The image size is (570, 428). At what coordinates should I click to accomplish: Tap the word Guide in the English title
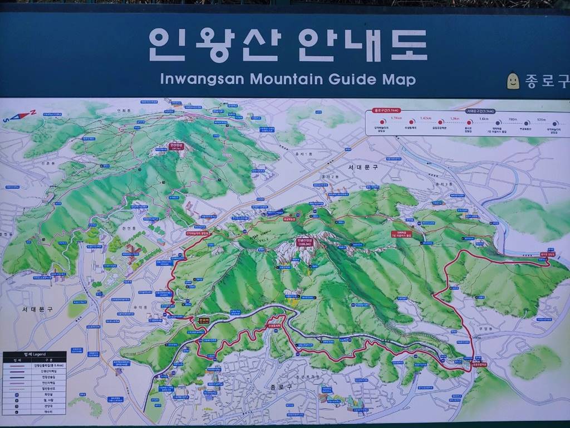point(352,79)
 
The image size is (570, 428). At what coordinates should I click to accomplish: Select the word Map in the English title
point(399,79)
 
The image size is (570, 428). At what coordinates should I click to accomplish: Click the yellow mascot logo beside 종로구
point(513,81)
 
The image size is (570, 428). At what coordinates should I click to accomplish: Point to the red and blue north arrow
point(19,116)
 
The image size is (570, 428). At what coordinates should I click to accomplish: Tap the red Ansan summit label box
point(175,147)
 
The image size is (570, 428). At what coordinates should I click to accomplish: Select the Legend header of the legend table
point(35,354)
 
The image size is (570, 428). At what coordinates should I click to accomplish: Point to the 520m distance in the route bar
point(541,119)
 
